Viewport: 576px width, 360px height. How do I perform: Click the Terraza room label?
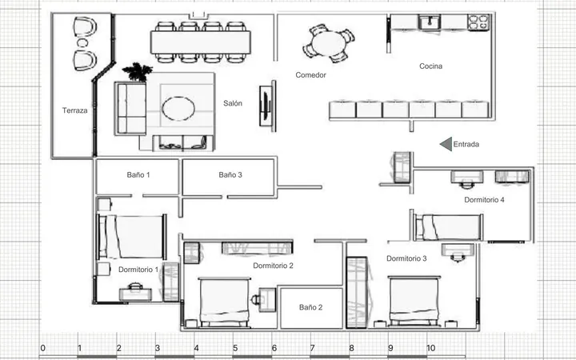(x=75, y=110)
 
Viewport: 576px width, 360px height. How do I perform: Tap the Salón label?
(x=233, y=103)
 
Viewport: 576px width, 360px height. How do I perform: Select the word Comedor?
(x=310, y=75)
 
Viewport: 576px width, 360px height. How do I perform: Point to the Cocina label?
(x=431, y=66)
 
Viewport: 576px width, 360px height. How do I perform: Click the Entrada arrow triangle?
(x=446, y=144)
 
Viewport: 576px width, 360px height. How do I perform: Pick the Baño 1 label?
(x=138, y=175)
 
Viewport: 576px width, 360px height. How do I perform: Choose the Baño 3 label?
(x=230, y=175)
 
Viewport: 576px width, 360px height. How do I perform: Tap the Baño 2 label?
(x=310, y=307)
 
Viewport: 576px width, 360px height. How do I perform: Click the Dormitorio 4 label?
(x=484, y=200)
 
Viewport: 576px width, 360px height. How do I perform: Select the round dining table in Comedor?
(x=329, y=43)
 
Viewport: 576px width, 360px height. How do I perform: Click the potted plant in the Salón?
(x=137, y=72)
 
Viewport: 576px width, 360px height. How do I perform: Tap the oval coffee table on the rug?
(x=178, y=109)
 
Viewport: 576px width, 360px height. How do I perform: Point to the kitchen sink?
(x=430, y=22)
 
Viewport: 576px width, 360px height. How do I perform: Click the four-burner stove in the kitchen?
(x=478, y=22)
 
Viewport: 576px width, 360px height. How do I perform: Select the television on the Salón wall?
(x=266, y=106)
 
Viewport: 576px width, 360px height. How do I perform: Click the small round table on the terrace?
(x=82, y=43)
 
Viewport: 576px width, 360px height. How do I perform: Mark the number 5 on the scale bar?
(x=235, y=348)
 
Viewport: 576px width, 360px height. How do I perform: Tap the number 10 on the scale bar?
(x=430, y=348)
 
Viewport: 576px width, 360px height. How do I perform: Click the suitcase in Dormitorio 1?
(x=135, y=293)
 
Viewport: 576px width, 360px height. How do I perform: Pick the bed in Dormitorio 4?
(x=448, y=227)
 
